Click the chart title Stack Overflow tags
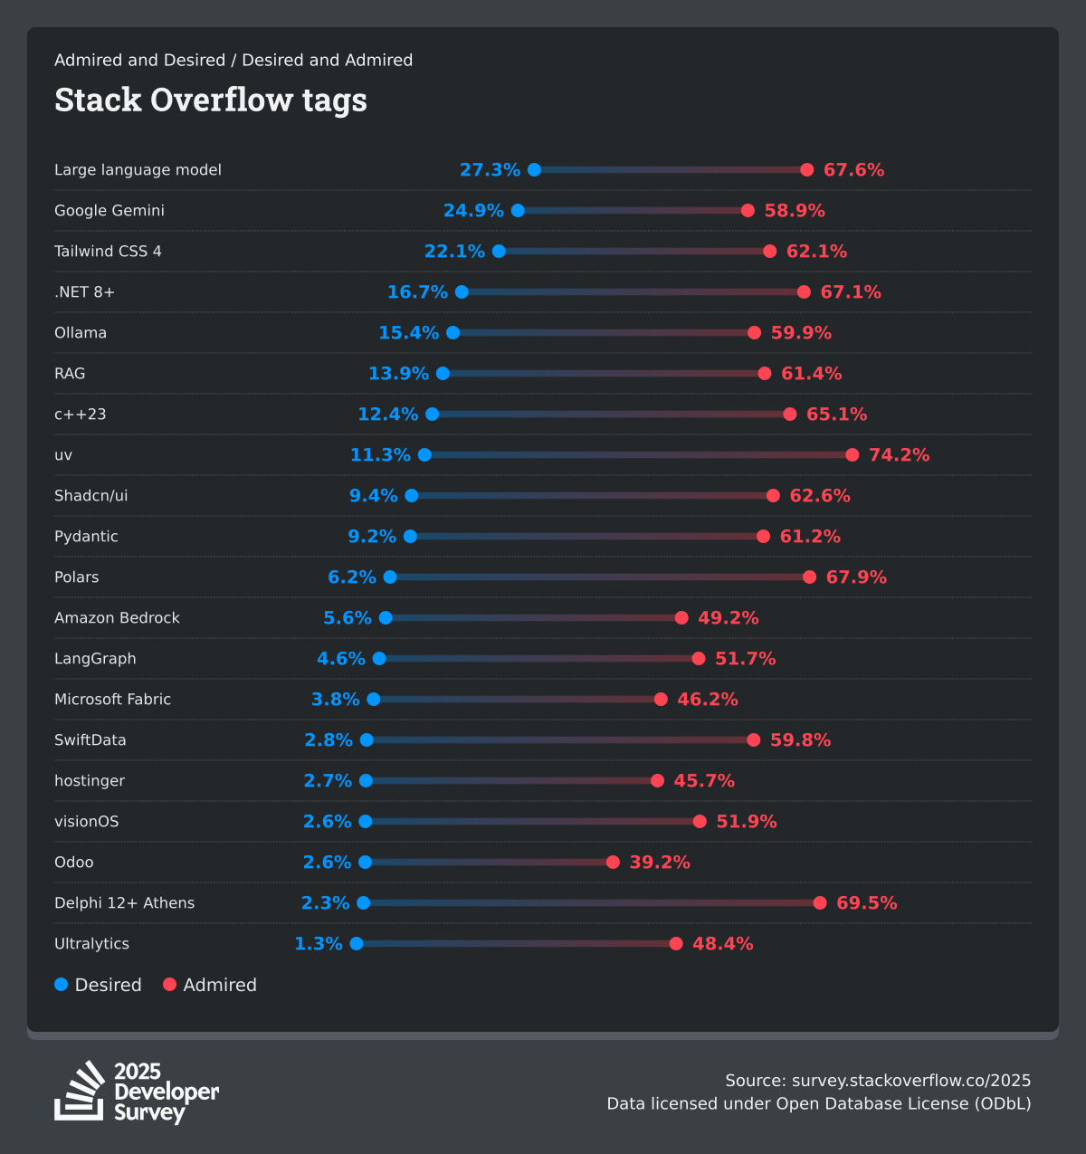pyautogui.click(x=211, y=100)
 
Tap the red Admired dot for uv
pyautogui.click(x=853, y=454)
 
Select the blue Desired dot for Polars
pyautogui.click(x=390, y=577)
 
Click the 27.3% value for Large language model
pyautogui.click(x=490, y=170)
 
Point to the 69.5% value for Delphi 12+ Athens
pyautogui.click(x=866, y=902)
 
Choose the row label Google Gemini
pyautogui.click(x=110, y=210)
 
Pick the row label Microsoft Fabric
pyautogui.click(x=112, y=699)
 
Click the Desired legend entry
pyautogui.click(x=98, y=985)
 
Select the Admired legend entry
pyautogui.click(x=210, y=985)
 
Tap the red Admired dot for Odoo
pyautogui.click(x=613, y=862)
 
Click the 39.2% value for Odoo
pyautogui.click(x=660, y=862)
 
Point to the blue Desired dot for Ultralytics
pyautogui.click(x=357, y=943)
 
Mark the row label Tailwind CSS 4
pyautogui.click(x=108, y=251)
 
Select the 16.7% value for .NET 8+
pyautogui.click(x=417, y=291)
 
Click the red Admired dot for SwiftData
pyautogui.click(x=754, y=739)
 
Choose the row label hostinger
pyautogui.click(x=90, y=780)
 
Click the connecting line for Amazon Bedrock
pyautogui.click(x=534, y=617)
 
